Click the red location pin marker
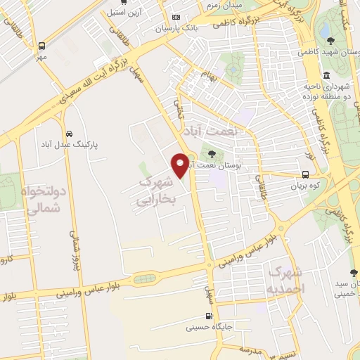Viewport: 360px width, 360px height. [181, 163]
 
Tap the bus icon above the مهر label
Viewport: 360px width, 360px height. [42, 45]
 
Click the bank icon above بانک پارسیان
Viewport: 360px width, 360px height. [176, 18]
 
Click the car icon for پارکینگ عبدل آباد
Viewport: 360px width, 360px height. [69, 134]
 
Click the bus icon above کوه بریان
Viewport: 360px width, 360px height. [305, 174]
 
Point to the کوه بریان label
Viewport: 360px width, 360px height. [305, 186]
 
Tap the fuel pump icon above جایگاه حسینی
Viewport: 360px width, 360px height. [209, 316]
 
